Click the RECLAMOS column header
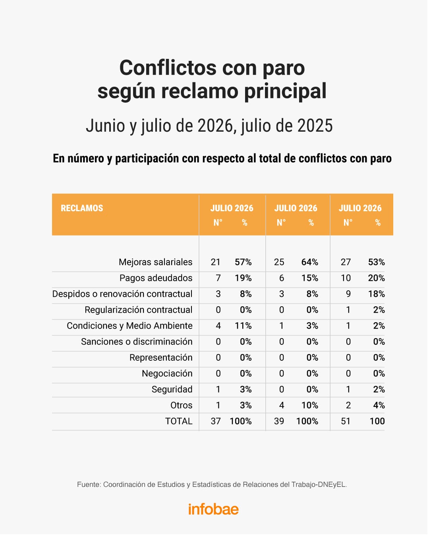(x=82, y=208)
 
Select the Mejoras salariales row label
(x=156, y=262)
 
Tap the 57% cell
(x=243, y=262)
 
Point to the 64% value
(x=309, y=262)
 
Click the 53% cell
(x=377, y=262)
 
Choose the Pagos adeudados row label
(x=156, y=278)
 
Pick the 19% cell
(x=243, y=278)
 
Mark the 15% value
(x=309, y=278)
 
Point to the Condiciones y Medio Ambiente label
(x=129, y=326)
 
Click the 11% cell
(x=243, y=326)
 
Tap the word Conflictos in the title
(x=168, y=68)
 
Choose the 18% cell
(x=377, y=294)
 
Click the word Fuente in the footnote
(x=89, y=484)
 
